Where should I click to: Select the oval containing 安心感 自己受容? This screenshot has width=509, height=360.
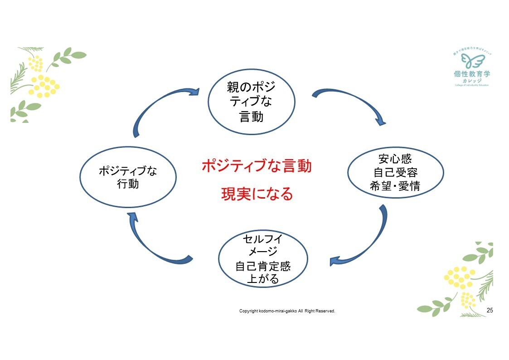(395, 173)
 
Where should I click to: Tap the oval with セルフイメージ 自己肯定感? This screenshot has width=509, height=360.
(263, 259)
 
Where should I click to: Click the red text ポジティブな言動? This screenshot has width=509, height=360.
(257, 166)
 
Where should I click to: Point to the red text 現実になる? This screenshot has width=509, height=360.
(257, 194)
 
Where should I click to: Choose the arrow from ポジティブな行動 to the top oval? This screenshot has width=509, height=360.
(161, 107)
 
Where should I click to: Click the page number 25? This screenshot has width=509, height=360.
(490, 311)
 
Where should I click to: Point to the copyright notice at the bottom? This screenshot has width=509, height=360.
(287, 311)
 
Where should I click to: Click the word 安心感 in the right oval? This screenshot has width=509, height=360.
(395, 160)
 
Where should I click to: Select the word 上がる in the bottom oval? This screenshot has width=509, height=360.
(263, 278)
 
